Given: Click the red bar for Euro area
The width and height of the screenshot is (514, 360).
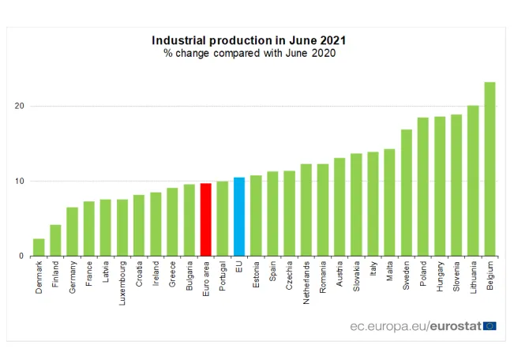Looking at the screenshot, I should tap(206, 219).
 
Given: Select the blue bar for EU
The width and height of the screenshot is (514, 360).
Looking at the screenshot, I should tap(239, 216).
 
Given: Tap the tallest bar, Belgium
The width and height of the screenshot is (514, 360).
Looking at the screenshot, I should tap(490, 169).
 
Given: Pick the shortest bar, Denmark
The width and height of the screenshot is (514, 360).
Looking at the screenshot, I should tap(39, 247).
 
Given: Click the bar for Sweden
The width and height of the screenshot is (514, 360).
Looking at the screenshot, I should tap(406, 193).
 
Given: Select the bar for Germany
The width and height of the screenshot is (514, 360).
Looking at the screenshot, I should tap(72, 231).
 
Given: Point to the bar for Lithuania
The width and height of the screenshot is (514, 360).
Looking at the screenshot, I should tap(473, 181).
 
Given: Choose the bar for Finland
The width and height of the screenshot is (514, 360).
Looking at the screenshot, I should tap(55, 240).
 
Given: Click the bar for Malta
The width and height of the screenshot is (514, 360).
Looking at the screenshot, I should tap(389, 202).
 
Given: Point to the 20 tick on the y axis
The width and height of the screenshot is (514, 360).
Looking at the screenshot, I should tap(18, 107).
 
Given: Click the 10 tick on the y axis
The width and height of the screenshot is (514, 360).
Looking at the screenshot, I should tap(18, 182).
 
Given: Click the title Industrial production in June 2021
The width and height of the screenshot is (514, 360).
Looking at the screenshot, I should tap(249, 40).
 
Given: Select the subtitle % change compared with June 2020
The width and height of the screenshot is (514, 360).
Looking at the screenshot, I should tap(249, 54).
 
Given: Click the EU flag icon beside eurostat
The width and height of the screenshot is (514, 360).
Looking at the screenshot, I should tap(490, 326).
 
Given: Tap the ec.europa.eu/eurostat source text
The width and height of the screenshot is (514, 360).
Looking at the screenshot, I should tap(415, 326).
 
